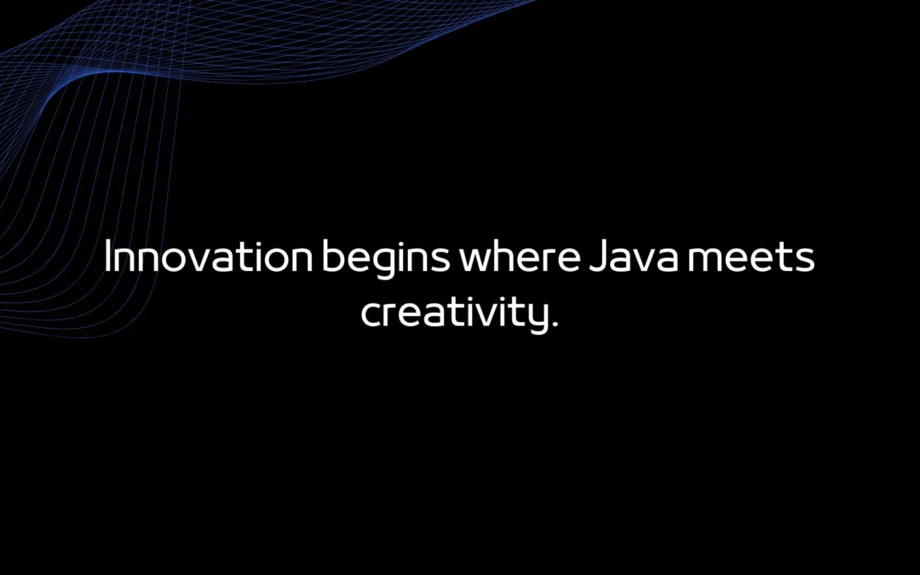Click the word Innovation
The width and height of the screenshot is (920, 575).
[x=207, y=258]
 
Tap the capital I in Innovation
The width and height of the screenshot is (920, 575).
[x=108, y=257]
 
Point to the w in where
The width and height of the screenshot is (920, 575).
[x=478, y=261]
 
